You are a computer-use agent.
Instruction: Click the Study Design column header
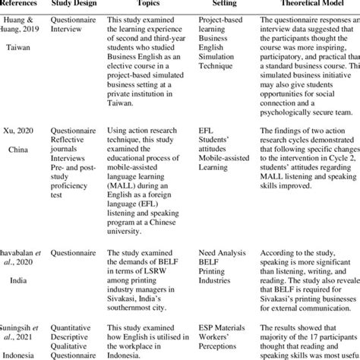tap(75, 4)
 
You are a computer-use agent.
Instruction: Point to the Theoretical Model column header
tap(310, 4)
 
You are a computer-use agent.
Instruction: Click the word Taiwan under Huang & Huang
tap(19, 47)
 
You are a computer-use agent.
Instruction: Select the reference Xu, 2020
tap(18, 131)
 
